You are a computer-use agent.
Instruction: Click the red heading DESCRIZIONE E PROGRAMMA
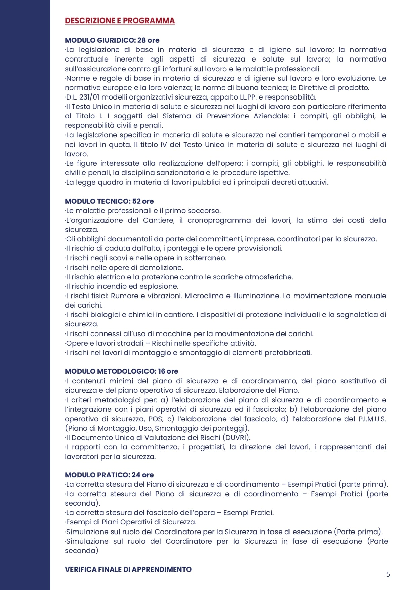pos(120,21)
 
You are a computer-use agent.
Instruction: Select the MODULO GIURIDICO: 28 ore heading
pos(112,40)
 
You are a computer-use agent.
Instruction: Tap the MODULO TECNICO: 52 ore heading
pos(109,201)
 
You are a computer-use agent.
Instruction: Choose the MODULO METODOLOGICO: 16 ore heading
pos(121,371)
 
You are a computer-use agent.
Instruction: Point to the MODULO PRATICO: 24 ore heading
pos(109,475)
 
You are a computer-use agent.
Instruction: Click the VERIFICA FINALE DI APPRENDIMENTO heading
pos(128,569)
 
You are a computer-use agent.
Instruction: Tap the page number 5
pos(388,574)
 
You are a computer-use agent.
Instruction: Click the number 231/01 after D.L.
pos(89,97)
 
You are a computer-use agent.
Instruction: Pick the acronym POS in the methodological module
pos(155,419)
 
